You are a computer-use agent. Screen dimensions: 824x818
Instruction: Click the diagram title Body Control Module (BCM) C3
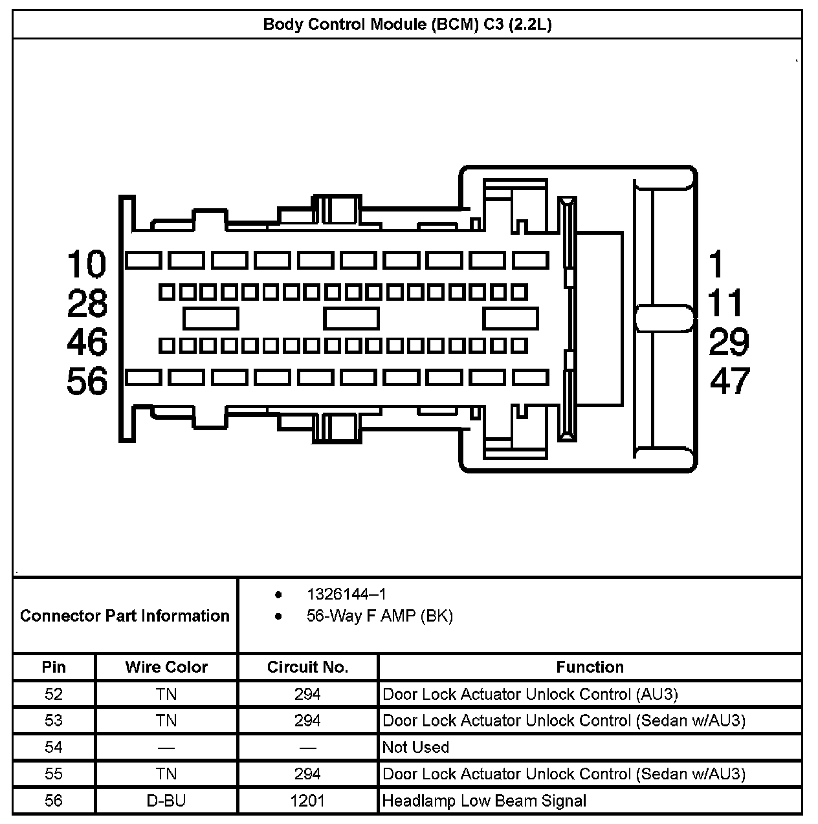pos(407,25)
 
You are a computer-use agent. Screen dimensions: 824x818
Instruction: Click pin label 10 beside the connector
pos(87,265)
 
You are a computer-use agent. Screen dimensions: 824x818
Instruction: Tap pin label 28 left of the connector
pos(87,303)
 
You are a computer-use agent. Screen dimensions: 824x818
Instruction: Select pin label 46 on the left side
pos(87,342)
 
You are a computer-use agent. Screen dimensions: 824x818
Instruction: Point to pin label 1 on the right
pos(716,265)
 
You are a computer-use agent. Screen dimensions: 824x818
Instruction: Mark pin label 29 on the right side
pos(729,342)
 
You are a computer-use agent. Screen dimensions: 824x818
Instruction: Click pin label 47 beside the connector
pos(729,381)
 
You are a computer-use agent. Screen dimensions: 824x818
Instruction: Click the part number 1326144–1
pos(346,594)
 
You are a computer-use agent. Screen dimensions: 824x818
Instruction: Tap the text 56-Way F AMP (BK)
pos(379,616)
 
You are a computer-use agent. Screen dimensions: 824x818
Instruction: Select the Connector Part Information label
pos(125,616)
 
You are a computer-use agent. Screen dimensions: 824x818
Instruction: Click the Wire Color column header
pos(166,667)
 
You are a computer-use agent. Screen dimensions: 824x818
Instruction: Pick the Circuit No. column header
pos(307,667)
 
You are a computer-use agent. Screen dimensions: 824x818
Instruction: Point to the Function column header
pos(590,667)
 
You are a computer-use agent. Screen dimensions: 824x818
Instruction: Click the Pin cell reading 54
pos(54,747)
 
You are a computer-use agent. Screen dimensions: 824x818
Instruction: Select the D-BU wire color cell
pos(166,801)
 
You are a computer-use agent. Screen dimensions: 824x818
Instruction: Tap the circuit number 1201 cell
pos(307,801)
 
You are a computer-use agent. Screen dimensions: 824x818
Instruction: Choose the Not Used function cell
pos(415,747)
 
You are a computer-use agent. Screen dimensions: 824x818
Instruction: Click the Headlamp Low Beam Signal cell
pos(484,801)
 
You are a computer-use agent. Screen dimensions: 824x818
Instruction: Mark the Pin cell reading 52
pos(54,694)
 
